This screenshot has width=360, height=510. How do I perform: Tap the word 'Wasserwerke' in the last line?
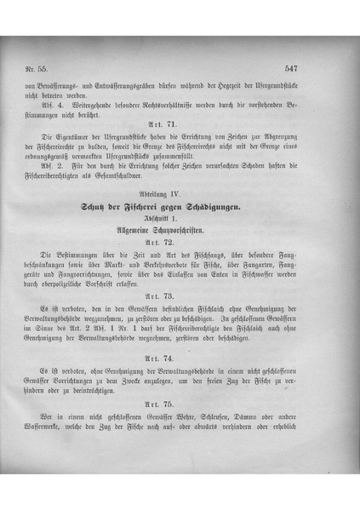click(68, 430)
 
